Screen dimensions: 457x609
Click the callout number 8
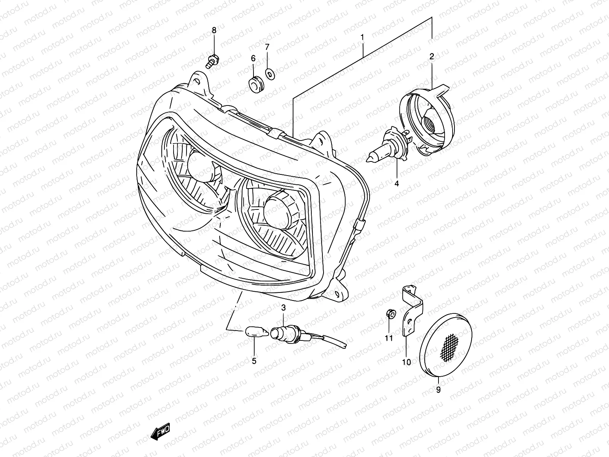214,30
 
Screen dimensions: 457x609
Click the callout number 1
362,37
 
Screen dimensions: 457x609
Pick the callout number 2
432,57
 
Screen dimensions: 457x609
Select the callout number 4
397,184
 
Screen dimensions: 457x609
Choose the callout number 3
283,307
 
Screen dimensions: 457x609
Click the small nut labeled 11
389,313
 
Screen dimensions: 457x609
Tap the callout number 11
388,339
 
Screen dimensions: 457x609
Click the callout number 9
438,390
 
